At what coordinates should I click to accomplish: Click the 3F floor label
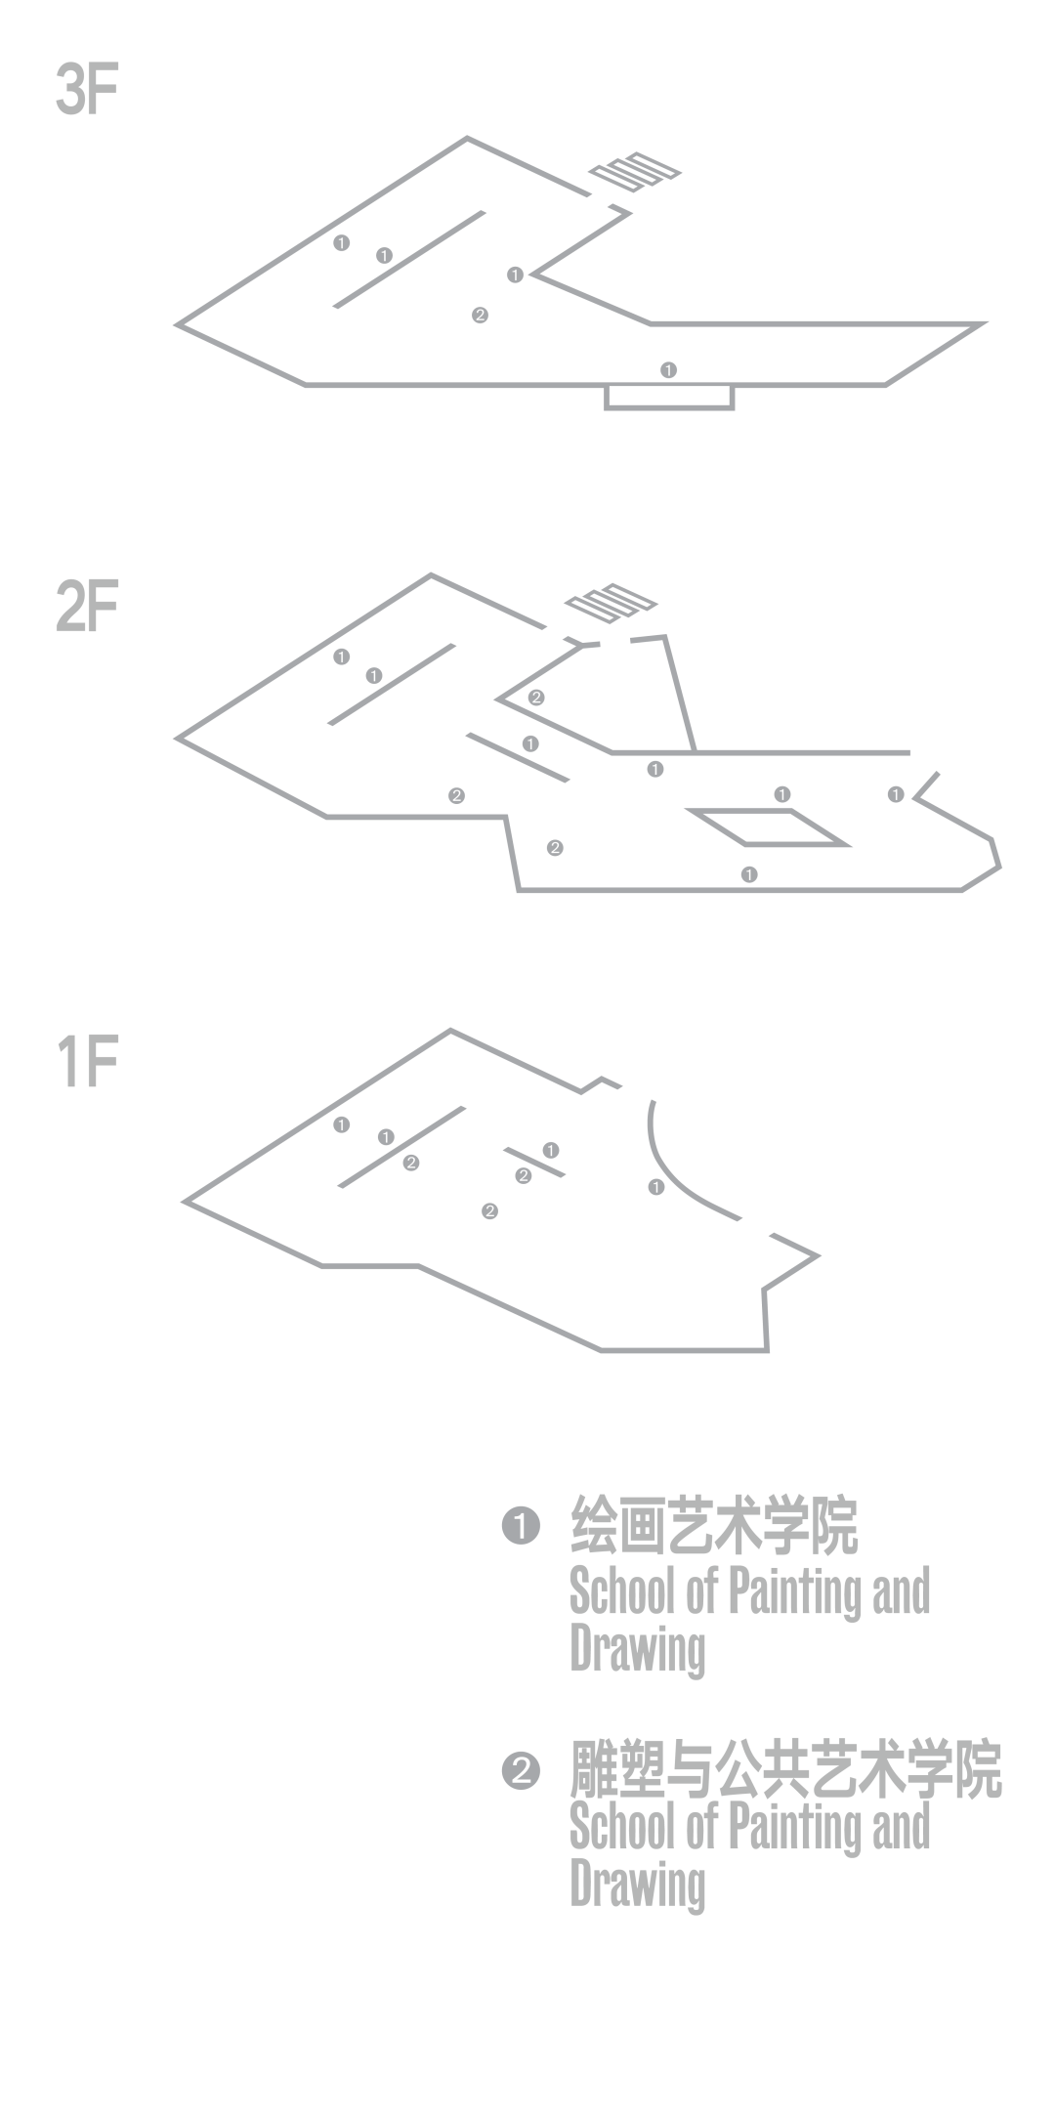click(87, 92)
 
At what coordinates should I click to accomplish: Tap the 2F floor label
click(87, 606)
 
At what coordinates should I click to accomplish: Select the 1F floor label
click(88, 1062)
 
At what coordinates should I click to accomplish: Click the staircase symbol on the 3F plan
click(634, 172)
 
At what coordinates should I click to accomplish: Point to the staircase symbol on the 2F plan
click(611, 603)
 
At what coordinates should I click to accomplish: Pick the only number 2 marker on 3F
click(480, 316)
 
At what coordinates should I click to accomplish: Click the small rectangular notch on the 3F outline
click(669, 397)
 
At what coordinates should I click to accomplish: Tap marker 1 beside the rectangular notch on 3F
click(668, 370)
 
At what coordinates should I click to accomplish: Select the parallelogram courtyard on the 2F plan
click(768, 826)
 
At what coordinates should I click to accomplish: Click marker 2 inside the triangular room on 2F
click(536, 698)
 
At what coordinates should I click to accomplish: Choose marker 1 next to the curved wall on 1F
click(656, 1187)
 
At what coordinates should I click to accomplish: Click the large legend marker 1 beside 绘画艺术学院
click(521, 1525)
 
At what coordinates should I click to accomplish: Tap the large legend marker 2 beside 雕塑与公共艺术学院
click(521, 1770)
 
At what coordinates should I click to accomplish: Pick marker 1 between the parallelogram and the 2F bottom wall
click(749, 874)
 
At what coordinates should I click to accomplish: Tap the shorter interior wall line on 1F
click(534, 1162)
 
